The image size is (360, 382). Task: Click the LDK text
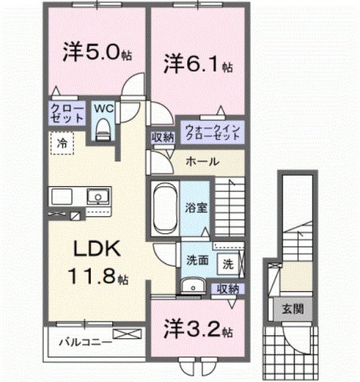96,250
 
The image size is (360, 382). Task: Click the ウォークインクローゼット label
212,132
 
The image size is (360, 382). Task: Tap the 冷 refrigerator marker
61,144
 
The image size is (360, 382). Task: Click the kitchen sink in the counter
97,197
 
